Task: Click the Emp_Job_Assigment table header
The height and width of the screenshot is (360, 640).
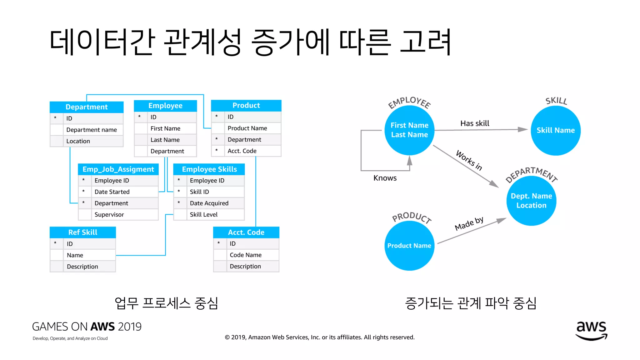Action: pyautogui.click(x=118, y=169)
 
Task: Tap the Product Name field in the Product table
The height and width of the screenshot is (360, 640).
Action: pyautogui.click(x=247, y=128)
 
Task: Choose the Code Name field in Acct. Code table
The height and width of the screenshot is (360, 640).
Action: pyautogui.click(x=246, y=255)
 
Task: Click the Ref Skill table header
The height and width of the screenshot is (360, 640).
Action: pyautogui.click(x=83, y=232)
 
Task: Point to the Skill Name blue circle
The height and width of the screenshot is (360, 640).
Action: pyautogui.click(x=556, y=130)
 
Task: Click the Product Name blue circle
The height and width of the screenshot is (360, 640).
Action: pyautogui.click(x=409, y=246)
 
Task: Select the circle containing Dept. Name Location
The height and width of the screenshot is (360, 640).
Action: pyautogui.click(x=531, y=201)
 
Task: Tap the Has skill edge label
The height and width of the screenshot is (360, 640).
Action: pyautogui.click(x=475, y=123)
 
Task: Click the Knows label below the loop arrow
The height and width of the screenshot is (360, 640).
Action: pyautogui.click(x=385, y=178)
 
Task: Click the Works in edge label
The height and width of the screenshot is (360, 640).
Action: pyautogui.click(x=469, y=160)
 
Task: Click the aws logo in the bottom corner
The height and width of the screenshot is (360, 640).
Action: pyautogui.click(x=591, y=330)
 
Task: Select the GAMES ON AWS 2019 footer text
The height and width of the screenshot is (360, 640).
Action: pyautogui.click(x=87, y=327)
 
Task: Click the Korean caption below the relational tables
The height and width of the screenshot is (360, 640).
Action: pyautogui.click(x=166, y=303)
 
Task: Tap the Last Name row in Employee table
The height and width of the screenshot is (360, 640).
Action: pyautogui.click(x=165, y=140)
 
